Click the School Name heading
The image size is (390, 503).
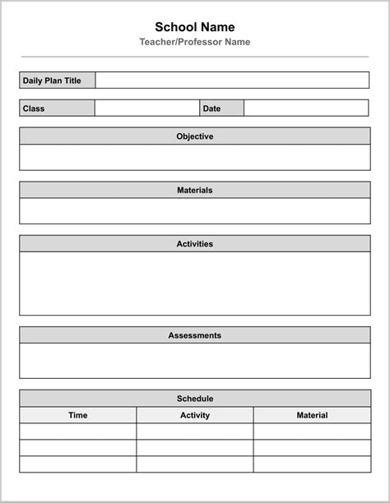pos(194,27)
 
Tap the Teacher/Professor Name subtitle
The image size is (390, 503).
pos(194,42)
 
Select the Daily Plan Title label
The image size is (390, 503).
pos(52,81)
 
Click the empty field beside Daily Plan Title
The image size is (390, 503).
pos(232,81)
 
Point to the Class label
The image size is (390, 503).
pos(34,108)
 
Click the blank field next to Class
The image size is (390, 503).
pos(146,108)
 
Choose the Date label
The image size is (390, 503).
pos(211,108)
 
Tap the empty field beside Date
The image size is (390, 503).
pos(306,108)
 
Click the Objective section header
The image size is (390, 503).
pos(194,136)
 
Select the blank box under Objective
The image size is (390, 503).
pos(194,157)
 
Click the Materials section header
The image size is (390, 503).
pos(194,190)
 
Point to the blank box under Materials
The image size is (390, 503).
pos(194,210)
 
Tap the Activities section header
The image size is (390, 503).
pos(194,244)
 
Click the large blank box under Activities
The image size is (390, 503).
pos(194,284)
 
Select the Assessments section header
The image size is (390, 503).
pos(194,335)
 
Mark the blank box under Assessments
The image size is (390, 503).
pos(194,360)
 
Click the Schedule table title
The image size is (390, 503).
pos(194,399)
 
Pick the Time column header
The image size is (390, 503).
pos(78,415)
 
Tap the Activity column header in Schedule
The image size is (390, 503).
pos(195,415)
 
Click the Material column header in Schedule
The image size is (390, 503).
pos(312,415)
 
